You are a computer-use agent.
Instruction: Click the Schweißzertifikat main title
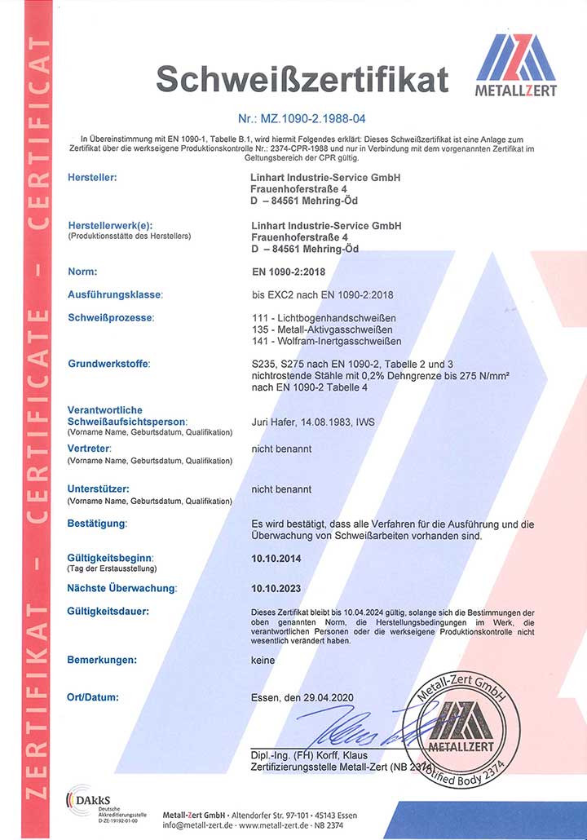click(302, 78)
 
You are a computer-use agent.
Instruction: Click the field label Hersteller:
click(92, 177)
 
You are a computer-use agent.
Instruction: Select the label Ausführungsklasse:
click(114, 294)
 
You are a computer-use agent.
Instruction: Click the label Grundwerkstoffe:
click(108, 363)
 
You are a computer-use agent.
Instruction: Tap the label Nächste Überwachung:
click(121, 588)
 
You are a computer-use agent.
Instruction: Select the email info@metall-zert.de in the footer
click(198, 825)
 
